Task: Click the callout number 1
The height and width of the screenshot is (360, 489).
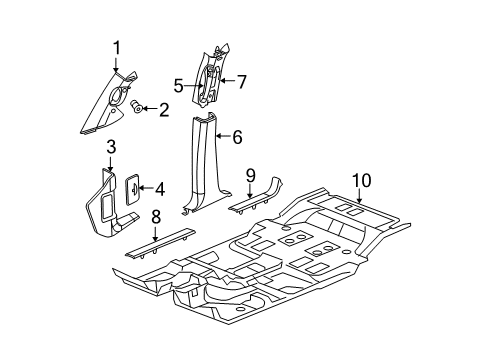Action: [x=116, y=47]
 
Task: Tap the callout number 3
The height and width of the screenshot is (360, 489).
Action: [x=110, y=149]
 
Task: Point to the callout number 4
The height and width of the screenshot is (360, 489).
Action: [x=157, y=186]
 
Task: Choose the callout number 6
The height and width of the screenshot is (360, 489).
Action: [x=238, y=138]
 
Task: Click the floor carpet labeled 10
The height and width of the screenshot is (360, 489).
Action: [x=300, y=270]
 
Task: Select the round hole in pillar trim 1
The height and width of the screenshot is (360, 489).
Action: [x=118, y=99]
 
